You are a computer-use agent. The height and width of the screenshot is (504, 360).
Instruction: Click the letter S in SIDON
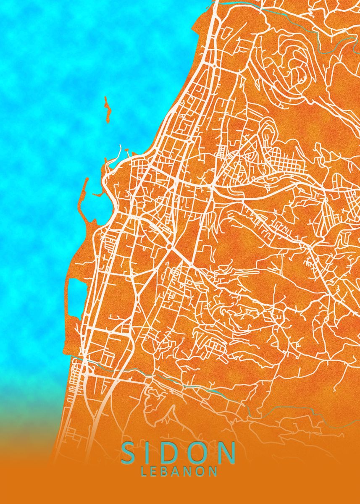coord(130,453)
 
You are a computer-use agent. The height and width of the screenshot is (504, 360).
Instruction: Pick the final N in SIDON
coord(227,453)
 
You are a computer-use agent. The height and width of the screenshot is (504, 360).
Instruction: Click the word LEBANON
coord(179,471)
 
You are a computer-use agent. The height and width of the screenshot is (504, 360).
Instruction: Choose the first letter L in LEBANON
coord(144,471)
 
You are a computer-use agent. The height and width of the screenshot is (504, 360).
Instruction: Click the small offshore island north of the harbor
coord(108,110)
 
